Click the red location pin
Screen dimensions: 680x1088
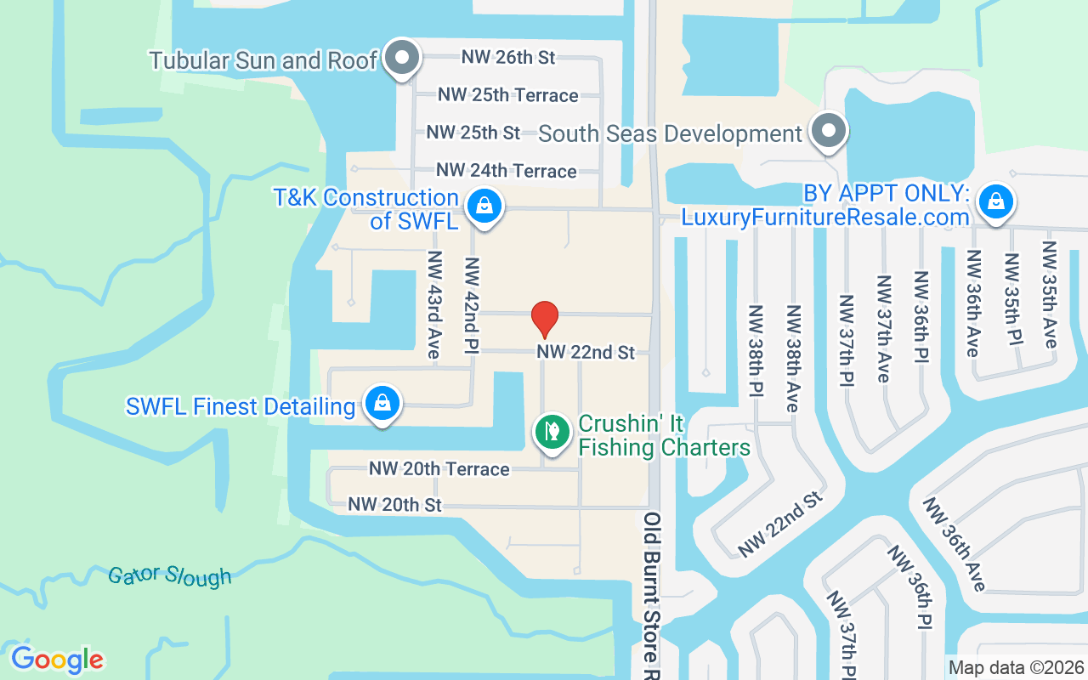pos(544,319)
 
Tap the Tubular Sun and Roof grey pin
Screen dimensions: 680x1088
pos(402,59)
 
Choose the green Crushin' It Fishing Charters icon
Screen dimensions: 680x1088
pos(552,432)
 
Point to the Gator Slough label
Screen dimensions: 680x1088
pos(170,575)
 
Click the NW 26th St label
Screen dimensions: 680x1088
pos(508,57)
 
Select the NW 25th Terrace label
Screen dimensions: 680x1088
pos(508,95)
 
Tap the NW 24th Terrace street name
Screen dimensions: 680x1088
pos(506,171)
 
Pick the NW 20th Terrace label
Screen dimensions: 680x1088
pos(439,468)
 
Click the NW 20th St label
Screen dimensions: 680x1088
pos(395,505)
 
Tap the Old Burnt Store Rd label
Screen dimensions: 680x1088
pos(653,595)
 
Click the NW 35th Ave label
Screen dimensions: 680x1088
pos(1050,294)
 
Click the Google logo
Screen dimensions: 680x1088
pos(57,660)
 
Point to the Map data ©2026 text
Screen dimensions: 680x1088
pos(1017,668)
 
